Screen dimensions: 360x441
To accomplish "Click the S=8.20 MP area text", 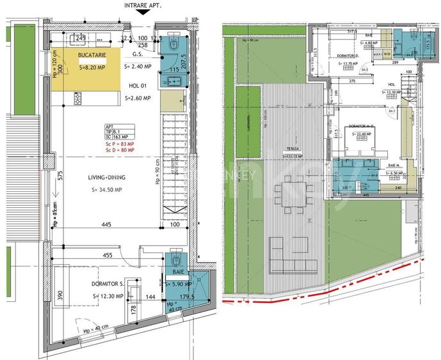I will (x=92, y=67).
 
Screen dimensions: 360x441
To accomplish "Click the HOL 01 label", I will (x=138, y=85).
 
